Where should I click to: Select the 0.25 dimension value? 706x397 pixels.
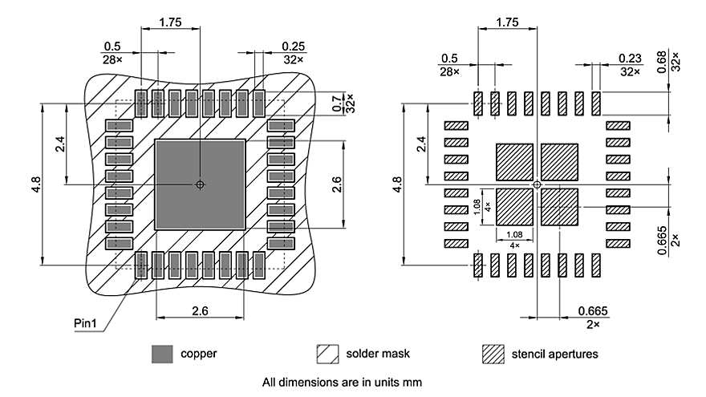coord(294,47)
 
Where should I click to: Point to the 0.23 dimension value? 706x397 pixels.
coord(630,59)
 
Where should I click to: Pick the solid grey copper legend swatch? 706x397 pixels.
coord(162,353)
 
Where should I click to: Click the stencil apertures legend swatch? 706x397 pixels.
coord(493,353)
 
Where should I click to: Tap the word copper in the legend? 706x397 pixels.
coord(198,353)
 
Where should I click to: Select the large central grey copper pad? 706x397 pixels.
coord(200,184)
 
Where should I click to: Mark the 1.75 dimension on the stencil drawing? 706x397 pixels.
coord(507,22)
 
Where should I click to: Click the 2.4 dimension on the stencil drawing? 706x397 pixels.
coord(420,144)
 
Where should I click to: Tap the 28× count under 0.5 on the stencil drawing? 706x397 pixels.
coord(449,72)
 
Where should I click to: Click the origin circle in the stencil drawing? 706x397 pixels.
coord(538,185)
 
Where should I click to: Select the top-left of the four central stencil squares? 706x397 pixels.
coord(515,161)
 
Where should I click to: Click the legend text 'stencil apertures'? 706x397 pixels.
coord(554,353)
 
